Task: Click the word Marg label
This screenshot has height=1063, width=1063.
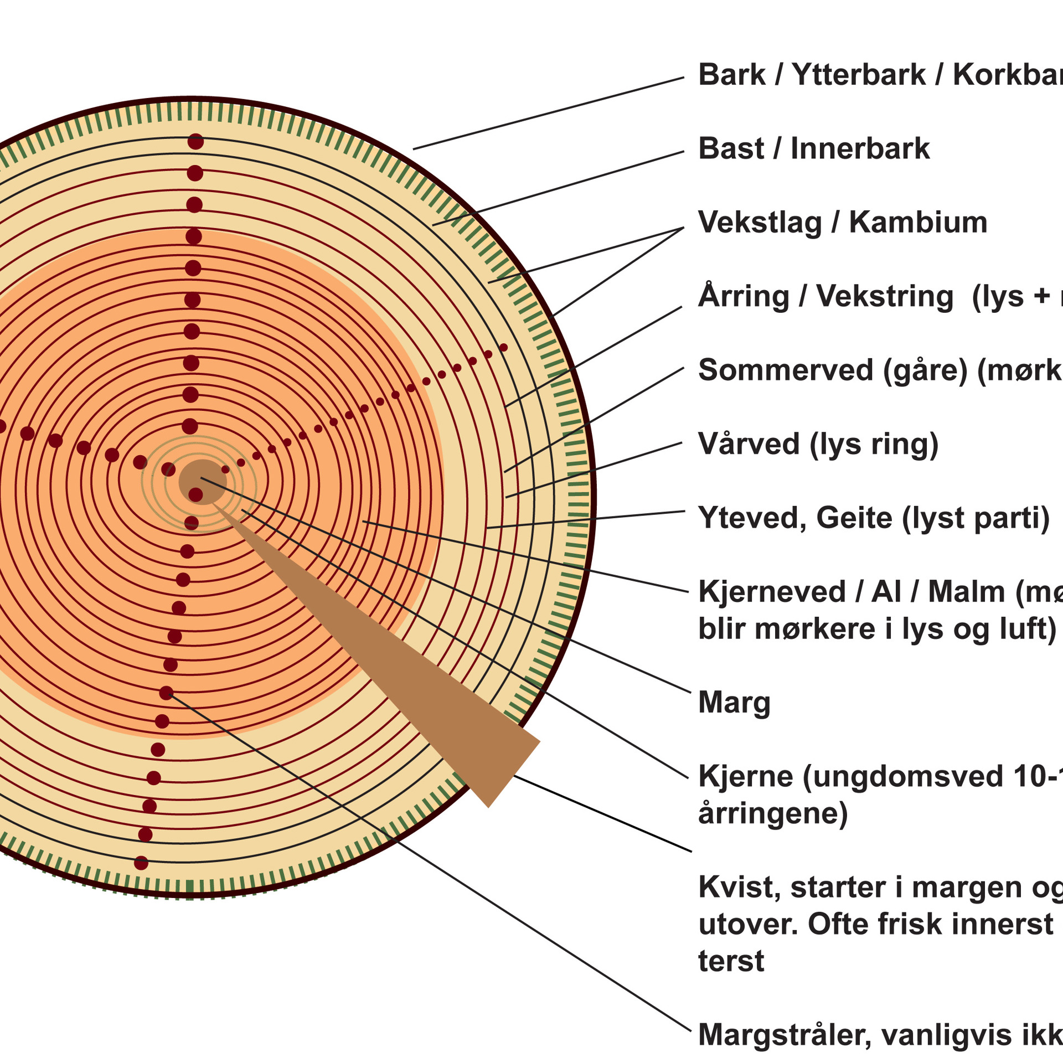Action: (x=734, y=703)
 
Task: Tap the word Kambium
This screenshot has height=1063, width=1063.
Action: (x=918, y=223)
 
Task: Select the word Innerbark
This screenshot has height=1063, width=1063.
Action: (x=860, y=148)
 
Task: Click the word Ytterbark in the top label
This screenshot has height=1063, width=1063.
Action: (x=858, y=75)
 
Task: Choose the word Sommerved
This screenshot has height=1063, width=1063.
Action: (x=786, y=370)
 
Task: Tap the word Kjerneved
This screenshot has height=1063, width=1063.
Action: (x=772, y=592)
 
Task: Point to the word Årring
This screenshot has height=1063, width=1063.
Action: (x=744, y=296)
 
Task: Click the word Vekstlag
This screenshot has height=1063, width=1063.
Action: (x=760, y=223)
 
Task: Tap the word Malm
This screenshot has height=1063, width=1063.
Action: (x=966, y=592)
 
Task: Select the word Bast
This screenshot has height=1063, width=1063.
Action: (x=731, y=148)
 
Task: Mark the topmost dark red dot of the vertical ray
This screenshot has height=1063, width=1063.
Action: (x=195, y=142)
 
